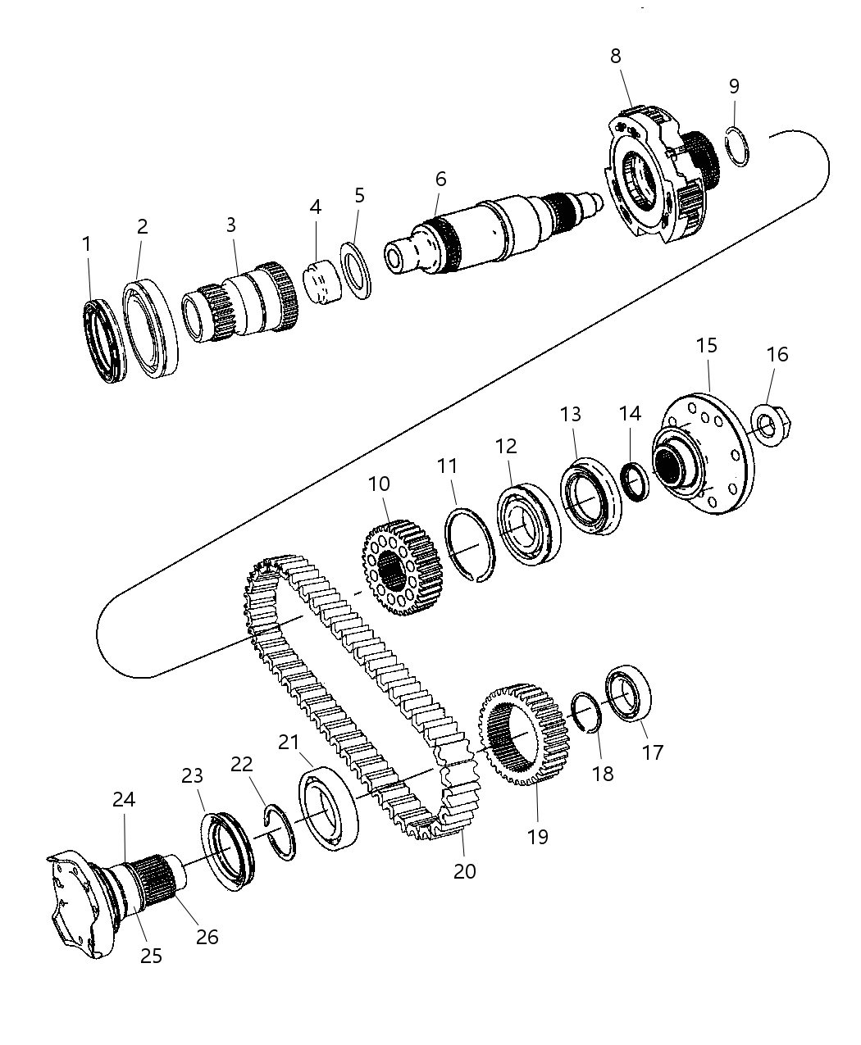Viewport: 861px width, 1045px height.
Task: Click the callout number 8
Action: point(615,56)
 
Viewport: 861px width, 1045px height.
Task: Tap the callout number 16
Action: point(777,354)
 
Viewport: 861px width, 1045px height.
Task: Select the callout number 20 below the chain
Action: point(464,871)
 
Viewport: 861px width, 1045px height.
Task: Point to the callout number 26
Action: point(207,936)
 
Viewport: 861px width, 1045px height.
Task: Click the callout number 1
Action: point(87,244)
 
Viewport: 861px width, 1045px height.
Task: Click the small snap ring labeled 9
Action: point(739,147)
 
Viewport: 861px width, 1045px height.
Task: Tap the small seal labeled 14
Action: point(635,481)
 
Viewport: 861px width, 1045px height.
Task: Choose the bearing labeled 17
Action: point(629,693)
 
